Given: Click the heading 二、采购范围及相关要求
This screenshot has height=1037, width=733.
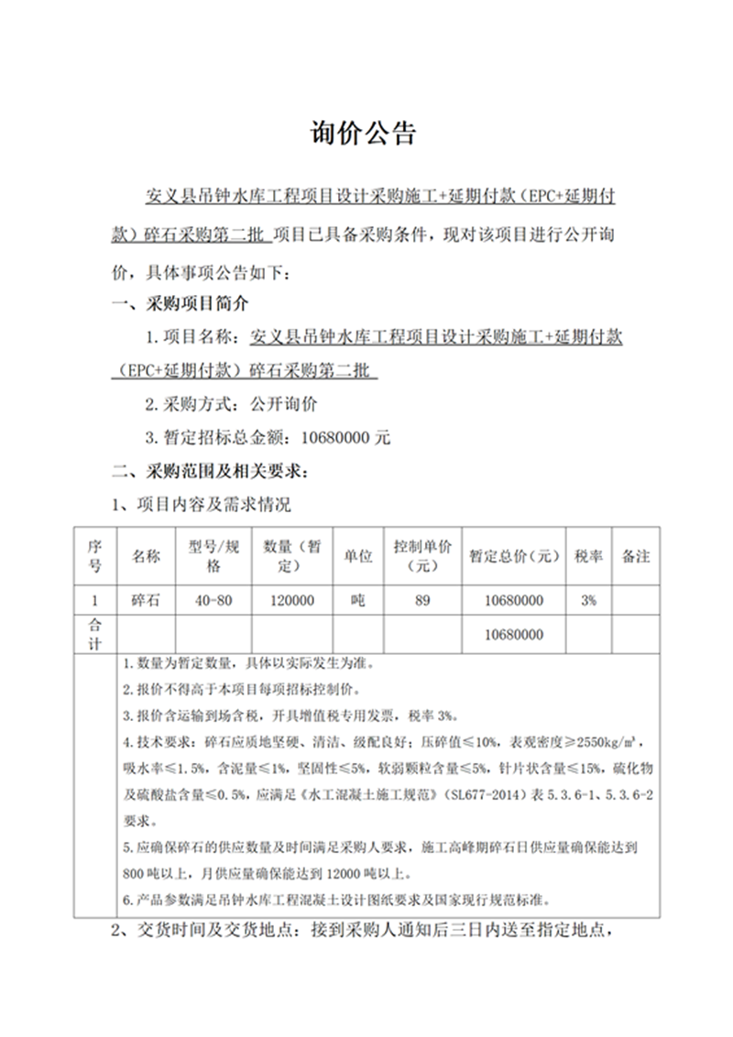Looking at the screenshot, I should tap(210, 473).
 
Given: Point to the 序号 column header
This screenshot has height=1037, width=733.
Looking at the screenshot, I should tap(93, 556).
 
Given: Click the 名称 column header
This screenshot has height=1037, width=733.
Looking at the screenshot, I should tap(147, 556).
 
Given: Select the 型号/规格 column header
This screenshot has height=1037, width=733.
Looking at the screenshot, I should tap(213, 556).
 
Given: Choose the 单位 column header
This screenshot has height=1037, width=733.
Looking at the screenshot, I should tap(357, 556).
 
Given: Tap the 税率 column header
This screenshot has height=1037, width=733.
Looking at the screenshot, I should tap(588, 556).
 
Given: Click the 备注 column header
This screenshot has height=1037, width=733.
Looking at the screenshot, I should tap(636, 556).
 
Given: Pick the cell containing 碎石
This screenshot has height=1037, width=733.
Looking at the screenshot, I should tap(147, 601).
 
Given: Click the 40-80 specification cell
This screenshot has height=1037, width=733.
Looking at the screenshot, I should tap(213, 601).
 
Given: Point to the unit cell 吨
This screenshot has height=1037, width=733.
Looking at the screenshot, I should tap(357, 601).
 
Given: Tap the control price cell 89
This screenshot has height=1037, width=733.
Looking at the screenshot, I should tap(422, 601).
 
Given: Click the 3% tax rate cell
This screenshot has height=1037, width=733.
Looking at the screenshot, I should tap(588, 601).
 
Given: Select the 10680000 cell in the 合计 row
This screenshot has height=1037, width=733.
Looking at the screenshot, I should tap(513, 635).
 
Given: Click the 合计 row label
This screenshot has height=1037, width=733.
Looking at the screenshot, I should tap(93, 635).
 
